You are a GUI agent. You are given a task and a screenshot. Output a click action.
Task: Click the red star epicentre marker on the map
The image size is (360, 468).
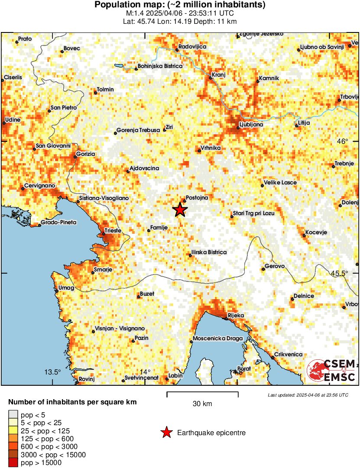[180, 210]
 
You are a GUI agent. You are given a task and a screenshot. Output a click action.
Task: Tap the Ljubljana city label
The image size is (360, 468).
[251, 125]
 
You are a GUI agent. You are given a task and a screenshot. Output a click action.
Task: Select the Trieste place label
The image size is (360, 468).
[114, 231]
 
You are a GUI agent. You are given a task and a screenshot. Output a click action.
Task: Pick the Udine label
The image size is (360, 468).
[12, 120]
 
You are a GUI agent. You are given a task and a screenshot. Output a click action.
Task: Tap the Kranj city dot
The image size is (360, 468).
[211, 78]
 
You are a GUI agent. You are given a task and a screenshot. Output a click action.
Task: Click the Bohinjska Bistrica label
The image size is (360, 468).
[160, 66]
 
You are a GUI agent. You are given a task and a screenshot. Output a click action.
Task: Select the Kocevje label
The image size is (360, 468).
[316, 232]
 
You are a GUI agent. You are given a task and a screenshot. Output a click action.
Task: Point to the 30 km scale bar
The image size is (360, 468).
[202, 393]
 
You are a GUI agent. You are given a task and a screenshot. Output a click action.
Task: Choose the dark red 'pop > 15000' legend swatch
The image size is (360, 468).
[13, 463]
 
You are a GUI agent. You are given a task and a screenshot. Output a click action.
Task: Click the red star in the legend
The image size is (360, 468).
[166, 432]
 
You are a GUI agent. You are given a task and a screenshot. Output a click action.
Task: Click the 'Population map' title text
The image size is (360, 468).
[180, 5]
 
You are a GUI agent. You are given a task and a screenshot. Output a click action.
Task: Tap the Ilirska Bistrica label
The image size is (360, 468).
[208, 252]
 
